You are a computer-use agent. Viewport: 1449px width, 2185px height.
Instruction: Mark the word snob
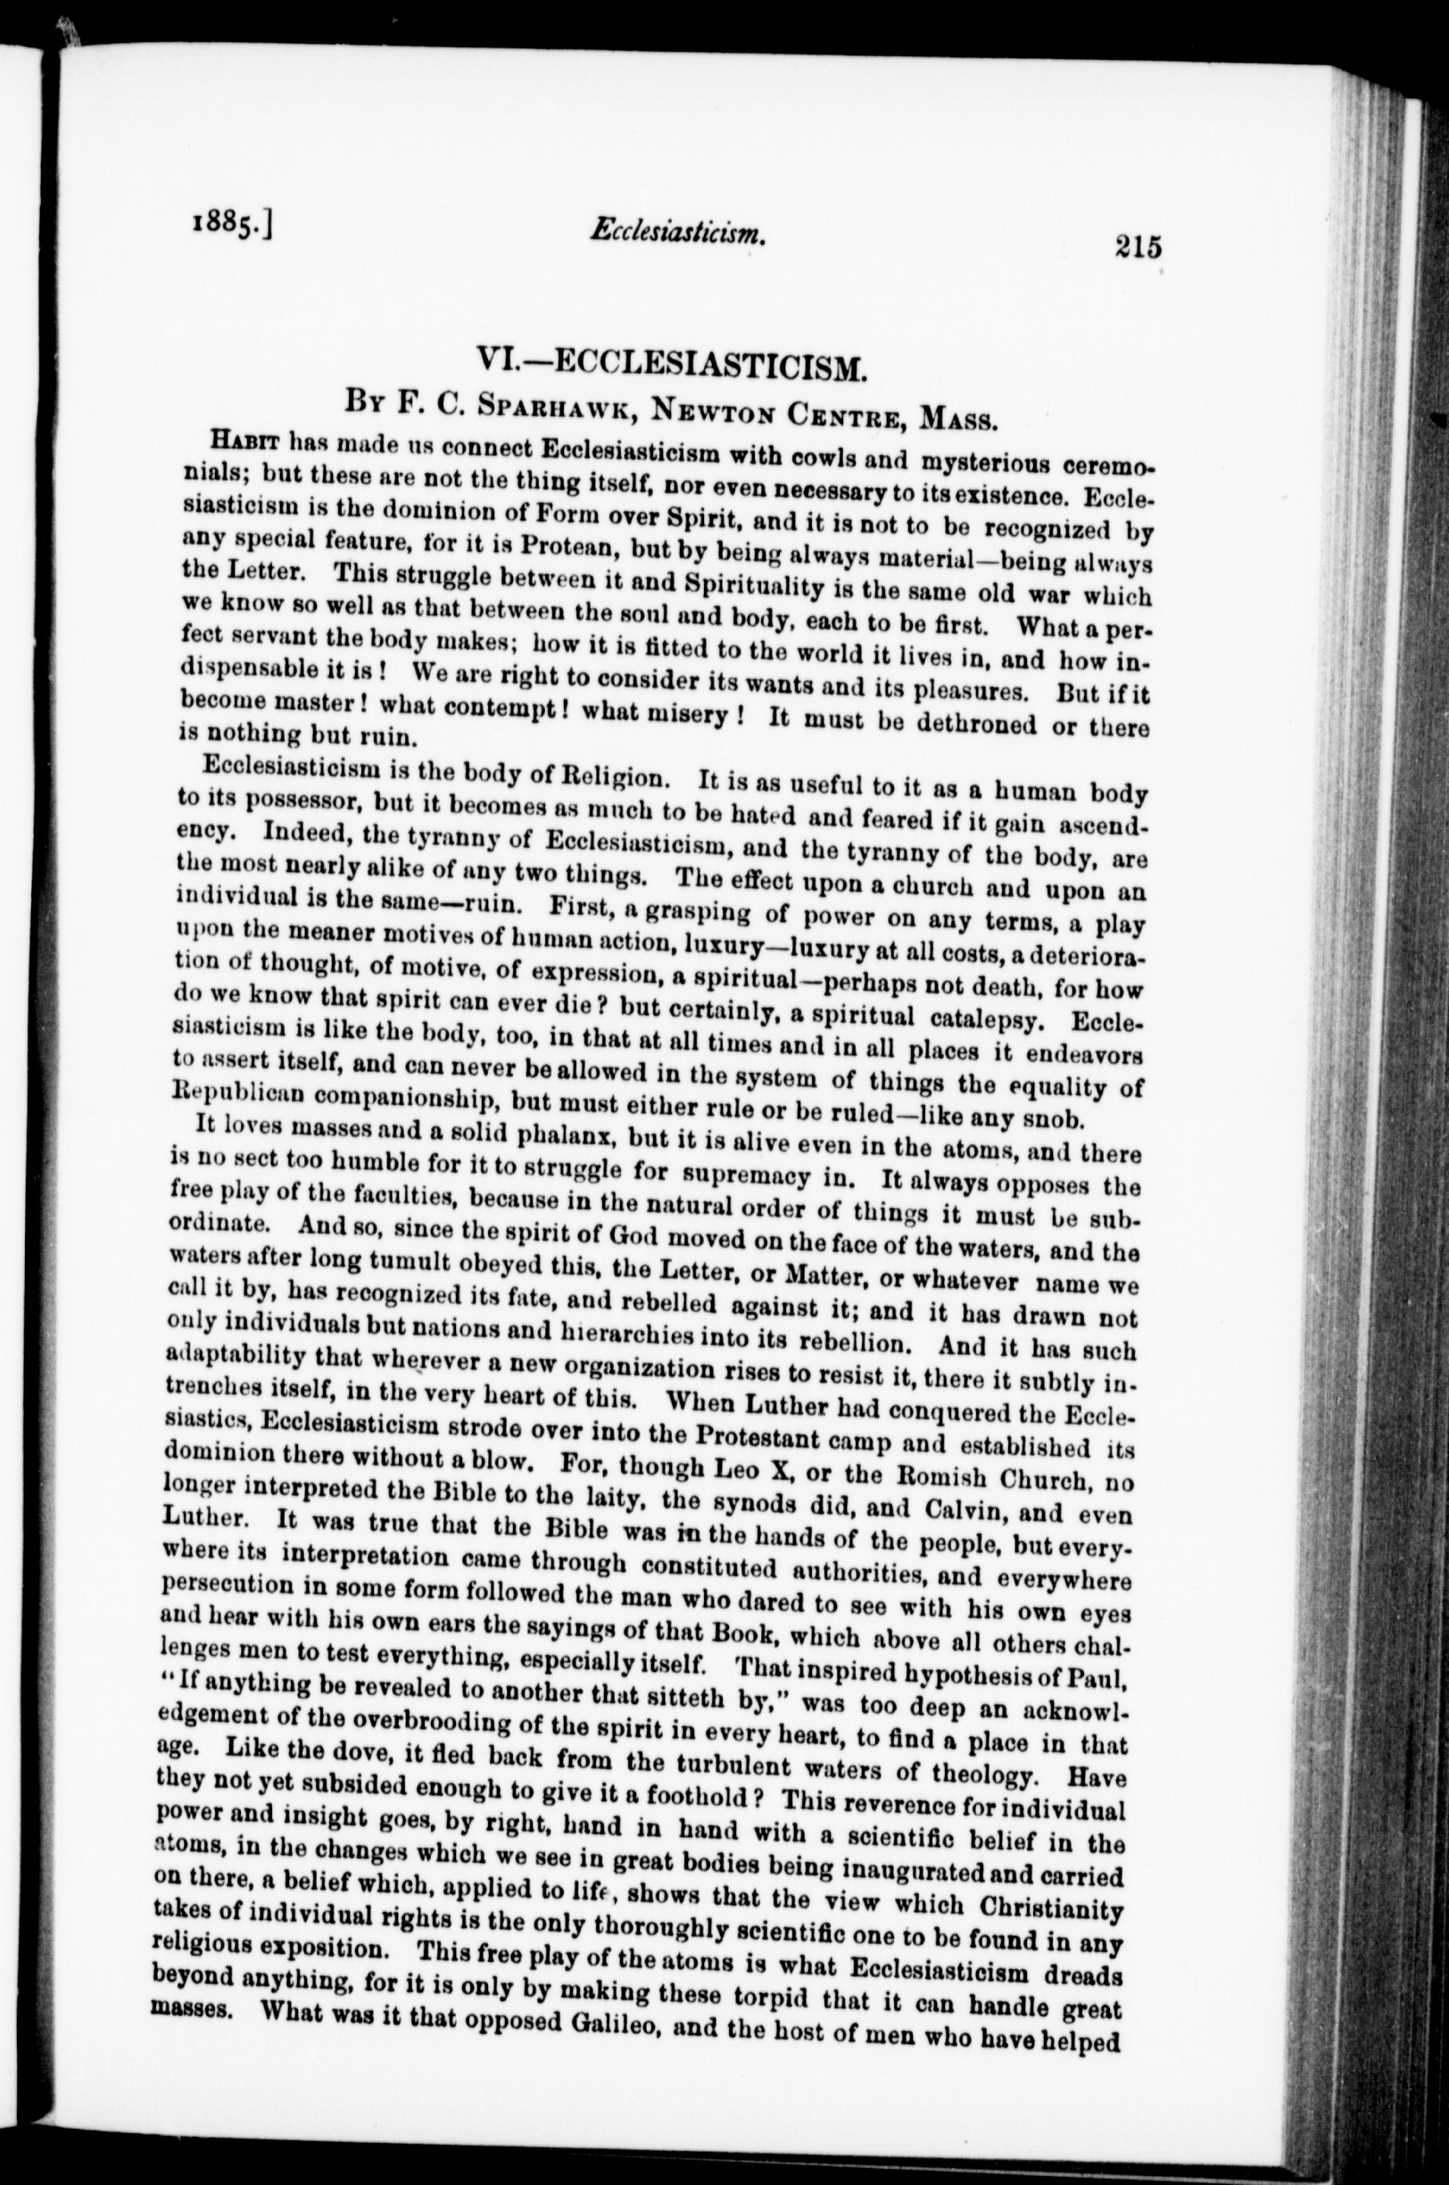pos(1052,1119)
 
